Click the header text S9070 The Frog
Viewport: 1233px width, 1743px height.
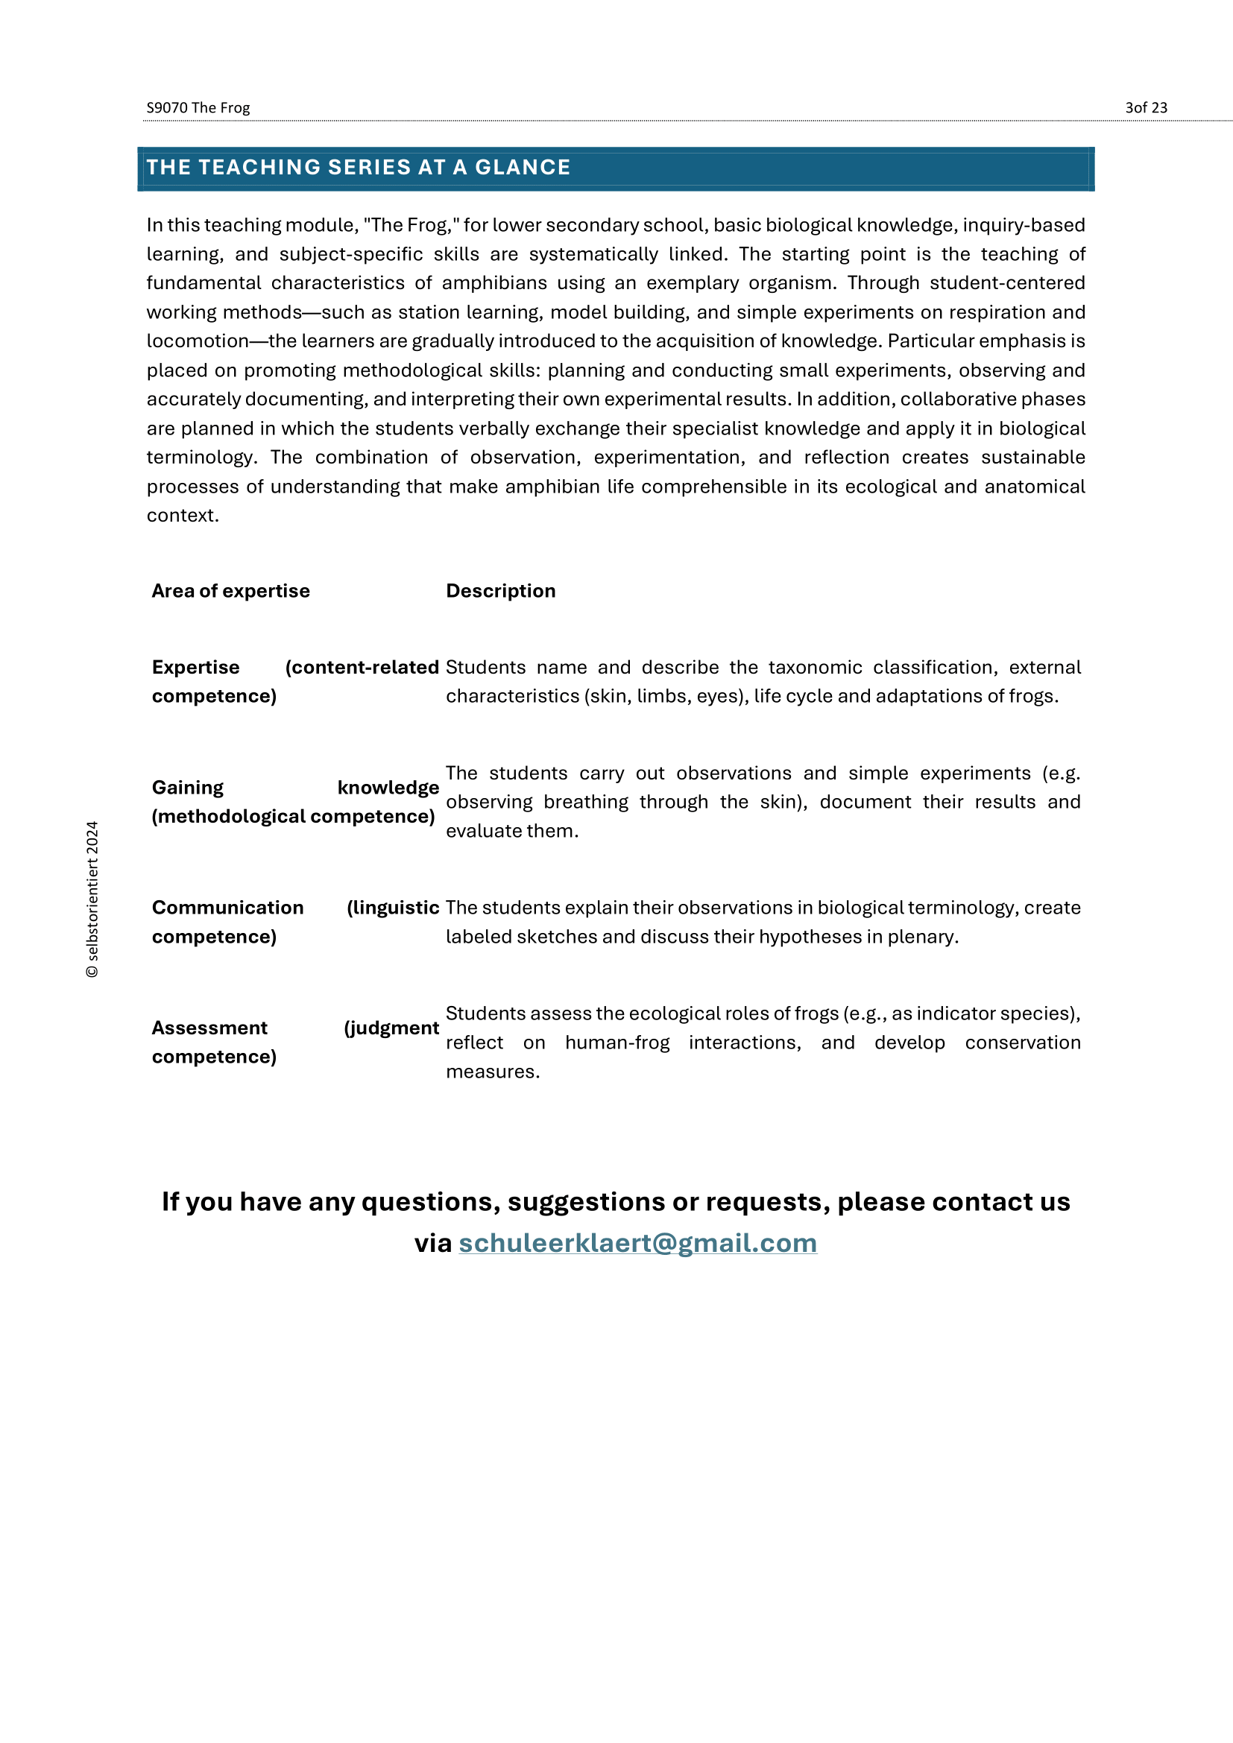point(198,108)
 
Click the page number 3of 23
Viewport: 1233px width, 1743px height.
point(1146,108)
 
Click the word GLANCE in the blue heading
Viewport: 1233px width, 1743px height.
point(523,168)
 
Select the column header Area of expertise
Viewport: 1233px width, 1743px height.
point(230,592)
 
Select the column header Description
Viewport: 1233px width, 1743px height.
point(500,592)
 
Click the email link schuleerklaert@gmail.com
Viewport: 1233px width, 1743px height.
point(638,1244)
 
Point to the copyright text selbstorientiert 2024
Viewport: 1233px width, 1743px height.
point(92,899)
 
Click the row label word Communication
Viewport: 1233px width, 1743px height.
point(227,908)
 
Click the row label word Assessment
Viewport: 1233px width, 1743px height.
point(209,1028)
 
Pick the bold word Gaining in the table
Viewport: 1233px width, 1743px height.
point(188,788)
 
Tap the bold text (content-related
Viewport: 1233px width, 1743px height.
point(362,667)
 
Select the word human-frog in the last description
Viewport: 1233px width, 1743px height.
point(617,1043)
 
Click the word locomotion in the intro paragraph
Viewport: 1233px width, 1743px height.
point(198,341)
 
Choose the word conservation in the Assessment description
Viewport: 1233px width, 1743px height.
point(1022,1043)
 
